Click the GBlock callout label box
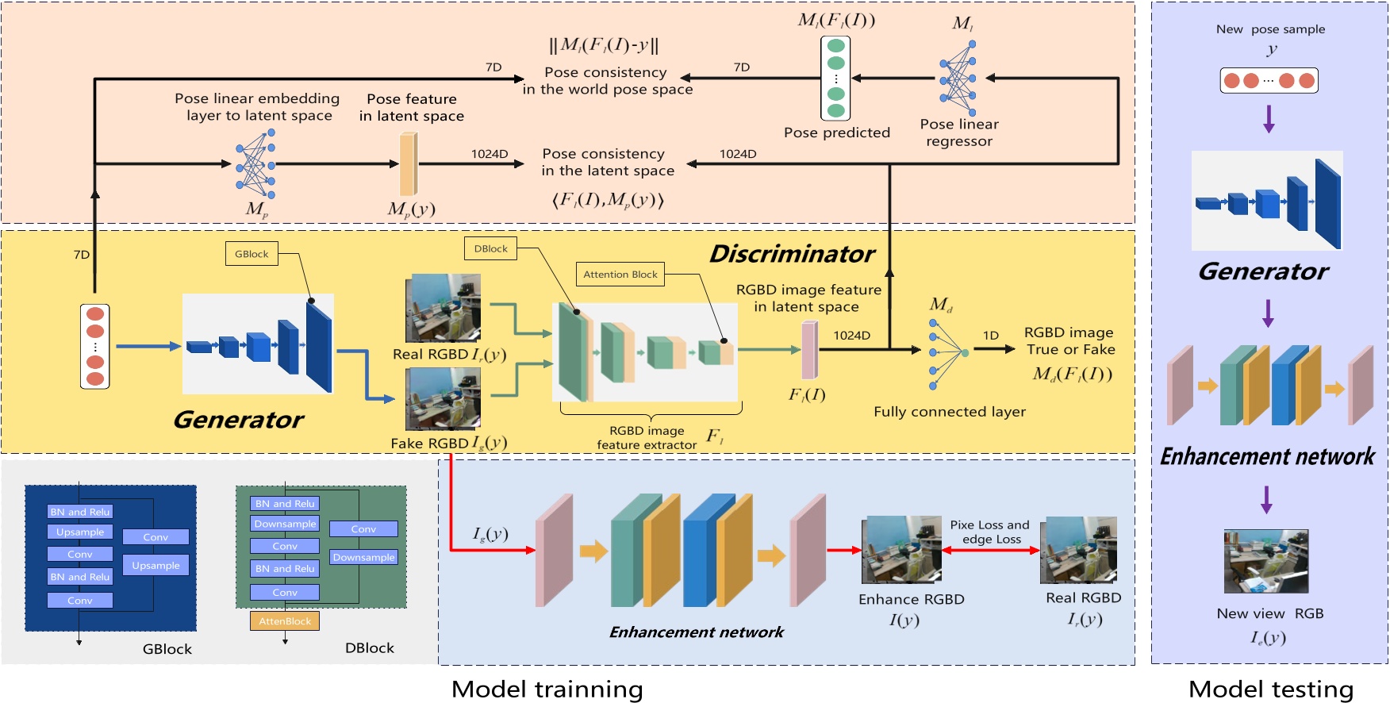252,254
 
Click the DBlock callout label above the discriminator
490,248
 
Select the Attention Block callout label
620,275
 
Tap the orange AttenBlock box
285,621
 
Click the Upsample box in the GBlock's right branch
156,565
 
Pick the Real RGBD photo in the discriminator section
443,308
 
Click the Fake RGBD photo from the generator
443,399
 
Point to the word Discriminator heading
792,254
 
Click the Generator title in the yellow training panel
238,419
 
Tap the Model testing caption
1270,689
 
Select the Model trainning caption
547,689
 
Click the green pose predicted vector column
835,78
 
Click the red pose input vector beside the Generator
95,345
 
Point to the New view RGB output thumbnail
1266,562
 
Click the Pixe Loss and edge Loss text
990,532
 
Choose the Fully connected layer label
949,411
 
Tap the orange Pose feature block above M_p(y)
408,163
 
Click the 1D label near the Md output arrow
991,335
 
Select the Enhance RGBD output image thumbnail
901,549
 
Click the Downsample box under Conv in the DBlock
363,557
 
